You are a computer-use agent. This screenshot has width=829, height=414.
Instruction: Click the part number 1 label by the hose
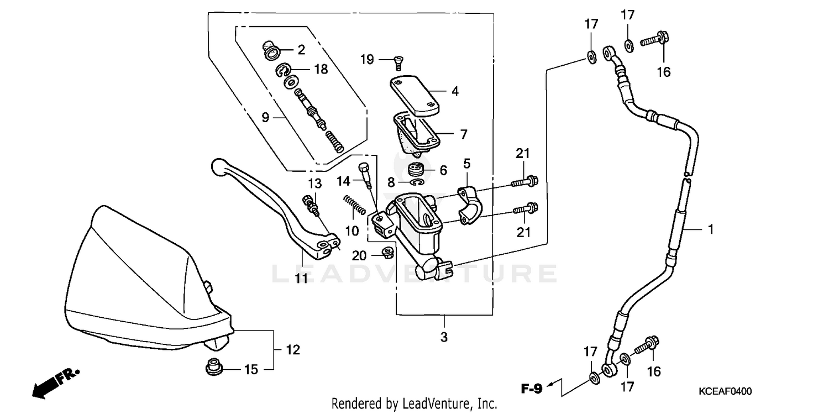click(711, 229)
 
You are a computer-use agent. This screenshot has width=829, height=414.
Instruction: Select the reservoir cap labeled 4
click(414, 96)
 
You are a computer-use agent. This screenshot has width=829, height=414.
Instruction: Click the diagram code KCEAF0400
click(725, 391)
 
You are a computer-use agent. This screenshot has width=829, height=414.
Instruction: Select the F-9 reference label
click(532, 389)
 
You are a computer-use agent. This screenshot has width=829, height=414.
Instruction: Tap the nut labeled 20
click(388, 253)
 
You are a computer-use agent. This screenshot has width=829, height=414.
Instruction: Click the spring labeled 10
click(354, 205)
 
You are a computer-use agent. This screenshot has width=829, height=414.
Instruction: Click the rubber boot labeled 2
click(270, 51)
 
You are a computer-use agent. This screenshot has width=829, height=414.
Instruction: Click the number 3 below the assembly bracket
click(444, 337)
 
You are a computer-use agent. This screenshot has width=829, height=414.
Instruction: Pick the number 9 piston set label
click(265, 117)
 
